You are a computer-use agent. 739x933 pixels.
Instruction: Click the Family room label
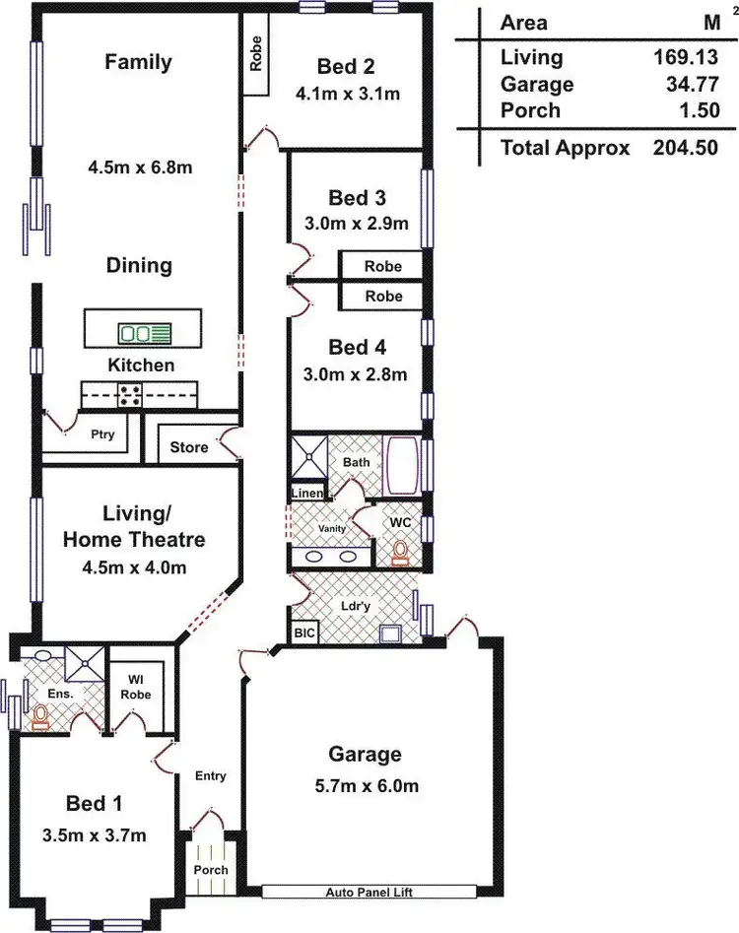point(138,62)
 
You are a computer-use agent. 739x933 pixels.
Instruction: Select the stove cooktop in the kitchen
point(129,396)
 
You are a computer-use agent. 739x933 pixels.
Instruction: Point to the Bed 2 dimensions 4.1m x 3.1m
point(346,95)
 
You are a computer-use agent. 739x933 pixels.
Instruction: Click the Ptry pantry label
point(102,433)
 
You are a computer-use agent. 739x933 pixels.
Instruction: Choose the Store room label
point(189,447)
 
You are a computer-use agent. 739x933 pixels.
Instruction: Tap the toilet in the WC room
point(400,552)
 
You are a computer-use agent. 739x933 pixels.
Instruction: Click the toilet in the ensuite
point(40,716)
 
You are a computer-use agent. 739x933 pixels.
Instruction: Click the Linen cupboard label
point(305,493)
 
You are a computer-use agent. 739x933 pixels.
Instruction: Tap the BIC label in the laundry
point(304,633)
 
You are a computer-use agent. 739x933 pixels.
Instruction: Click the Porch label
point(211,869)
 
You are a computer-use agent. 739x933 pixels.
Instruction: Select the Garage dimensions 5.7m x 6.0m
point(365,785)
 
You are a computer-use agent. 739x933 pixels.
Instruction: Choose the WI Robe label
point(135,686)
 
